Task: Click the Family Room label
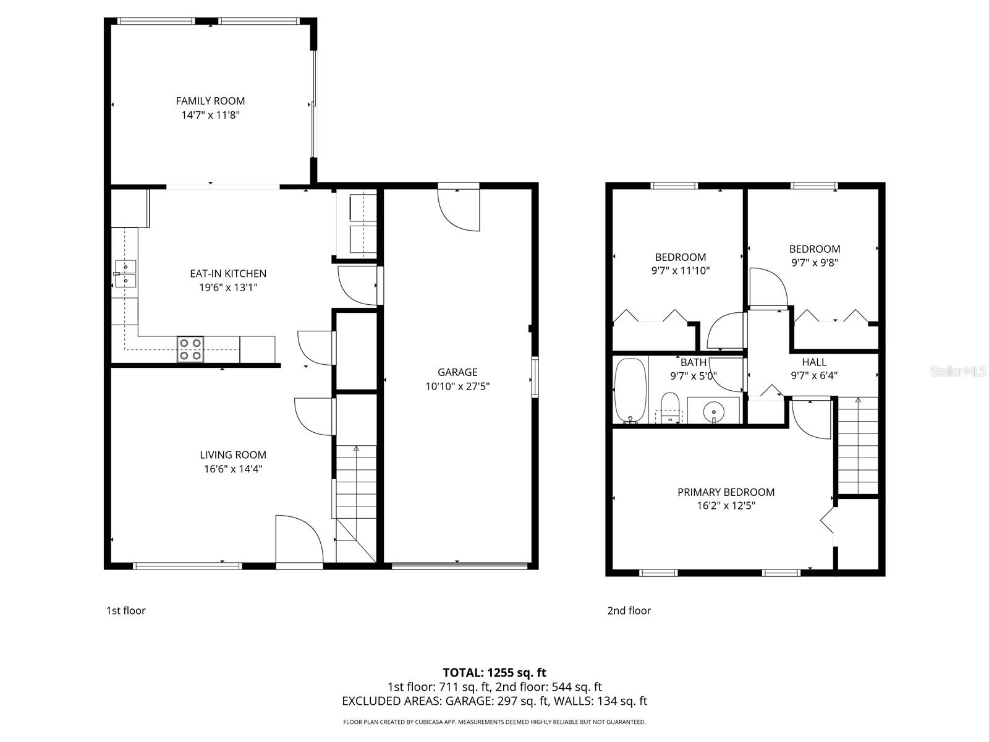210,101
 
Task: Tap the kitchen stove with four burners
190,349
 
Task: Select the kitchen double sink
125,274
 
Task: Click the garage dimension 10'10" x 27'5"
457,386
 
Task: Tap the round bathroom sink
714,410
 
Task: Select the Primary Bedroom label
726,492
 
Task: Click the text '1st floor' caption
126,611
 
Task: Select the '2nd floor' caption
629,611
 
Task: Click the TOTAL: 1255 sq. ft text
494,673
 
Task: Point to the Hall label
814,362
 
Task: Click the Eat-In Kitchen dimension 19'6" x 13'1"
228,288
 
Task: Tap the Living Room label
233,455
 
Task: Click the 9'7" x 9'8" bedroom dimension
814,262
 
